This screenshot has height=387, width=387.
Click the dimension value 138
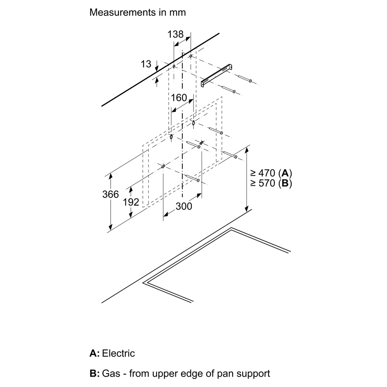pos(175,34)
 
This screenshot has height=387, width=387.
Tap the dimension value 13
pos(146,64)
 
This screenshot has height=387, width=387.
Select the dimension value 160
pos(179,98)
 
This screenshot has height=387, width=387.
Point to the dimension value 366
pos(111,194)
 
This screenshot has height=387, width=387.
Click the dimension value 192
pos(131,202)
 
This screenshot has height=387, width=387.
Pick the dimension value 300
pos(184,206)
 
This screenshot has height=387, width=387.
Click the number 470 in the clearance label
pos(267,173)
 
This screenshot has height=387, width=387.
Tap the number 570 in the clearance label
pos(267,183)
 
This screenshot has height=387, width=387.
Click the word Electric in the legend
pos(118,353)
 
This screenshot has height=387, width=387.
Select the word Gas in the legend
pos(111,373)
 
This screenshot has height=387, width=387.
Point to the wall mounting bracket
pos(217,75)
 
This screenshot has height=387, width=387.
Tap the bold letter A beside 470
pos(285,173)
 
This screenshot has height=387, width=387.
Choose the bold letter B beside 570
pos(285,183)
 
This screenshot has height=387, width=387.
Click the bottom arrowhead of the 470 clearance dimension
pos(247,209)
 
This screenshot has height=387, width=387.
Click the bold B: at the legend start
pos(94,373)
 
